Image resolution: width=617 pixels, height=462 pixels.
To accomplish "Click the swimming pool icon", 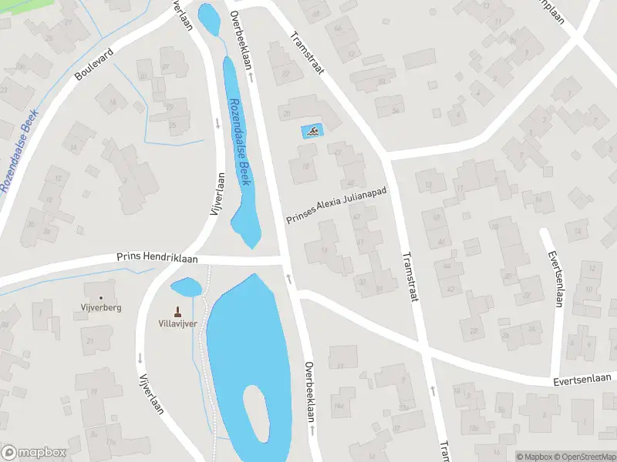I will [x=312, y=132].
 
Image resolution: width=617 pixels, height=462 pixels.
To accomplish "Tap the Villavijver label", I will [x=178, y=323].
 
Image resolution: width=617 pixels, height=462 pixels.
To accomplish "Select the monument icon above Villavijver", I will [x=178, y=311].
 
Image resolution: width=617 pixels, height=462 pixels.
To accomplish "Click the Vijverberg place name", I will [x=100, y=307].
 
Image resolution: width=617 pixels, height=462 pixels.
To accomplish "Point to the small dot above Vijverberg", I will [x=100, y=297].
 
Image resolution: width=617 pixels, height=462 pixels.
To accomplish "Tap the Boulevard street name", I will [x=94, y=64].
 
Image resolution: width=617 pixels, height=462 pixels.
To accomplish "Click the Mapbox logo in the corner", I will [x=34, y=453].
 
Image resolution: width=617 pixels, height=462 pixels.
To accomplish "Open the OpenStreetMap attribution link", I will [x=587, y=457].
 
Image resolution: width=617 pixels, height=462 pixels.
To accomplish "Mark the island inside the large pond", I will [x=257, y=413].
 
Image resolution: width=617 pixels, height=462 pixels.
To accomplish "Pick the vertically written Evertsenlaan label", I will [x=553, y=278].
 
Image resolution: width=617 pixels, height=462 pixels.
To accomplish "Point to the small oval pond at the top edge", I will [x=207, y=15].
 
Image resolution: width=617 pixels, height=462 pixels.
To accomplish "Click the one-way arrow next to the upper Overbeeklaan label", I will [x=251, y=78].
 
